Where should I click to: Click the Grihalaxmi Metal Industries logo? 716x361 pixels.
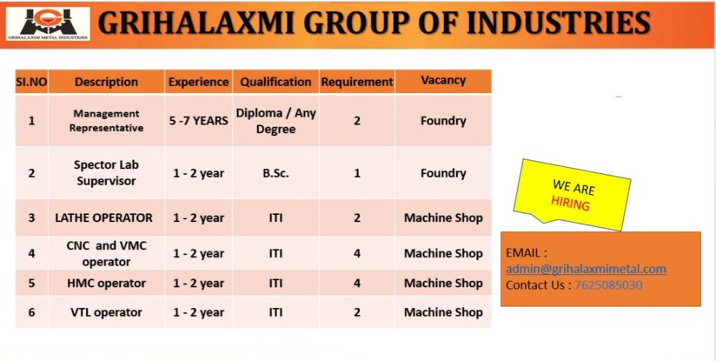pos(47,24)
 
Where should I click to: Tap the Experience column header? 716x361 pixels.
pos(198,82)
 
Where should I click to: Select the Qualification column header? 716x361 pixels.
pos(276,82)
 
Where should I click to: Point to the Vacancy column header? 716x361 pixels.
pos(443,81)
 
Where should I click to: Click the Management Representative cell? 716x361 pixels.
pos(107,120)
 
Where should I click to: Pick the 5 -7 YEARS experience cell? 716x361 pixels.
pos(198,120)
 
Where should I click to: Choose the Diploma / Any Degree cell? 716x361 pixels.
pos(276,120)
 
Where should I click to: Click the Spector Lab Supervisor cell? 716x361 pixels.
pos(107,173)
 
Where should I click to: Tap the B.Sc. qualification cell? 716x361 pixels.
pos(276,173)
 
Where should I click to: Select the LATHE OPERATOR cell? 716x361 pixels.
pos(104,218)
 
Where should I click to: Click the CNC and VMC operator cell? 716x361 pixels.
pos(107,254)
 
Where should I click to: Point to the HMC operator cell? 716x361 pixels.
pos(107,284)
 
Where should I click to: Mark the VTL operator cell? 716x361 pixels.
pos(107,312)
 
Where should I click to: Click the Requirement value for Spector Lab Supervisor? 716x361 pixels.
pos(357,173)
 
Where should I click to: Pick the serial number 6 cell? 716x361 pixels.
pos(32,312)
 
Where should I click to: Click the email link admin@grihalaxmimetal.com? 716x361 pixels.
pos(586,269)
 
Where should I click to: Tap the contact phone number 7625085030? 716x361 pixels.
pos(608,285)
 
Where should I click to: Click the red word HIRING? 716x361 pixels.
pos(571,203)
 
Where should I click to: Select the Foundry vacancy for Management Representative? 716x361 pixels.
pos(443,120)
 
